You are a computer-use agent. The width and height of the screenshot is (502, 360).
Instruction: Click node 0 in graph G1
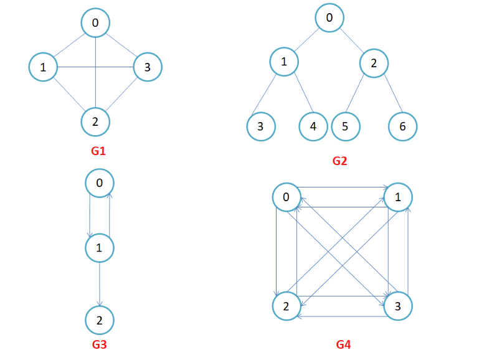(95, 23)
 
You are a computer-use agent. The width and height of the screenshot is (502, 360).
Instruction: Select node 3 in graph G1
(148, 67)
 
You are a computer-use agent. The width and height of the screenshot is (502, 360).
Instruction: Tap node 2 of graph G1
(95, 121)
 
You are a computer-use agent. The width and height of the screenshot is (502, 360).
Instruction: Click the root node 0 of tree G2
(329, 18)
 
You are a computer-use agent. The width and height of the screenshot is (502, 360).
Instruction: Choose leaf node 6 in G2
(402, 126)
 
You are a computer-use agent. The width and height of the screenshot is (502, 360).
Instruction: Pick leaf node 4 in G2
(313, 126)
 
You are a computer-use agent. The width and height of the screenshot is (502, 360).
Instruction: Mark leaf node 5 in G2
(345, 126)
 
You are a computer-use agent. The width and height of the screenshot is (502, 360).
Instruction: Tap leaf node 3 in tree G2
(261, 126)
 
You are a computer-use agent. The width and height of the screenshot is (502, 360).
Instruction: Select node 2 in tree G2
(374, 63)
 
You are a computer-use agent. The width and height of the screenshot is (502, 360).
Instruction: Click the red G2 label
(339, 161)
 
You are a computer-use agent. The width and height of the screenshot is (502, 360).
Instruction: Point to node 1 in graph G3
(100, 248)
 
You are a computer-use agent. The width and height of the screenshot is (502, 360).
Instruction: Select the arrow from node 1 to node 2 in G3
(100, 284)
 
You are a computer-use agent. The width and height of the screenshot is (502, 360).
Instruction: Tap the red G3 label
(99, 343)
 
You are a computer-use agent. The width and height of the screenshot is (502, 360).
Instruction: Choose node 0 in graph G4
(287, 197)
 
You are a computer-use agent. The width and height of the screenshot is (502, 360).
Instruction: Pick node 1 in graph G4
(397, 197)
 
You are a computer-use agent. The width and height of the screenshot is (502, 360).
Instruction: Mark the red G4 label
(343, 344)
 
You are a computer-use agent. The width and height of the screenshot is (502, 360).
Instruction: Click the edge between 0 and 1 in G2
(306, 40)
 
